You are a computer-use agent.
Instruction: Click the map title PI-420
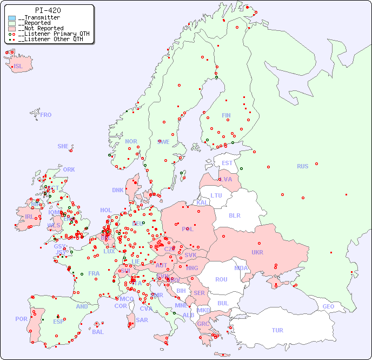click(x=48, y=10)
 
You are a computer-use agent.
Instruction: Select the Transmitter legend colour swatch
click(x=12, y=18)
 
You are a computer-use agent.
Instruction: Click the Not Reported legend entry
click(x=41, y=28)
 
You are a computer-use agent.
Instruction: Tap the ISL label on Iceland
click(x=18, y=67)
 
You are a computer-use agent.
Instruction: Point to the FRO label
click(x=46, y=115)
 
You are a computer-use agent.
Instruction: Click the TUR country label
click(x=277, y=330)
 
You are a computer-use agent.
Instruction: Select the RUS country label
click(x=302, y=166)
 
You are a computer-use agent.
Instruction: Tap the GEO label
click(x=328, y=306)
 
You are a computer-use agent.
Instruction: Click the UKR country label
click(x=257, y=252)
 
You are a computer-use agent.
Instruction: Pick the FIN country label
click(x=226, y=115)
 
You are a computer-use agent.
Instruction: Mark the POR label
click(x=21, y=319)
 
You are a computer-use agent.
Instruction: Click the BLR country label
click(x=234, y=215)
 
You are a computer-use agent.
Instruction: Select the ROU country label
click(x=221, y=279)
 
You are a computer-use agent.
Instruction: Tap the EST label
click(x=227, y=163)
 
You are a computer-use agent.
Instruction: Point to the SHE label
click(x=63, y=146)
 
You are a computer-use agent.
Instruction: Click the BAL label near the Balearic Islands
click(x=98, y=332)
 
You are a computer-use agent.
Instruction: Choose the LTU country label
click(x=216, y=195)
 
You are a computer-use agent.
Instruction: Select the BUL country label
click(x=223, y=303)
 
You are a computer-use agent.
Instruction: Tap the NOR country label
click(x=131, y=141)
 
